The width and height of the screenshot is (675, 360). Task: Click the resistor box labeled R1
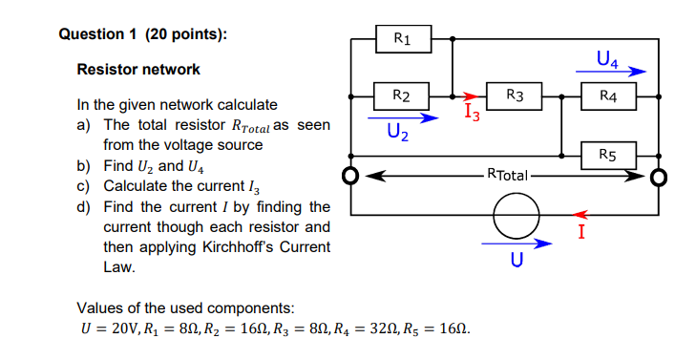click(x=402, y=39)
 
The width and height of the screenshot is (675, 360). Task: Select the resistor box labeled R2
click(x=402, y=95)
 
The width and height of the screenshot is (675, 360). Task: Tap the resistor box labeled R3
click(x=515, y=95)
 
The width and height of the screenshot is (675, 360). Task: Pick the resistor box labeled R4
click(x=608, y=95)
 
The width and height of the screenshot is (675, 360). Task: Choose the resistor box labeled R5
click(x=608, y=152)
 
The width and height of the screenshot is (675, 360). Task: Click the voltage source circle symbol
click(x=516, y=217)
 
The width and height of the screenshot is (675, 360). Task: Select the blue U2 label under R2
click(x=398, y=133)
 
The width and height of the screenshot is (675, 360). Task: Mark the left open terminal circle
click(x=351, y=177)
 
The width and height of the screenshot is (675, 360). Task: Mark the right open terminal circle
click(x=658, y=177)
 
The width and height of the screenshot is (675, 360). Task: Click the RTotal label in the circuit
click(x=506, y=176)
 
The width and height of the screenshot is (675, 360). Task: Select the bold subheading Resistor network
click(x=138, y=70)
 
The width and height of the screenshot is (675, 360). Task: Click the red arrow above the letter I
click(x=588, y=215)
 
